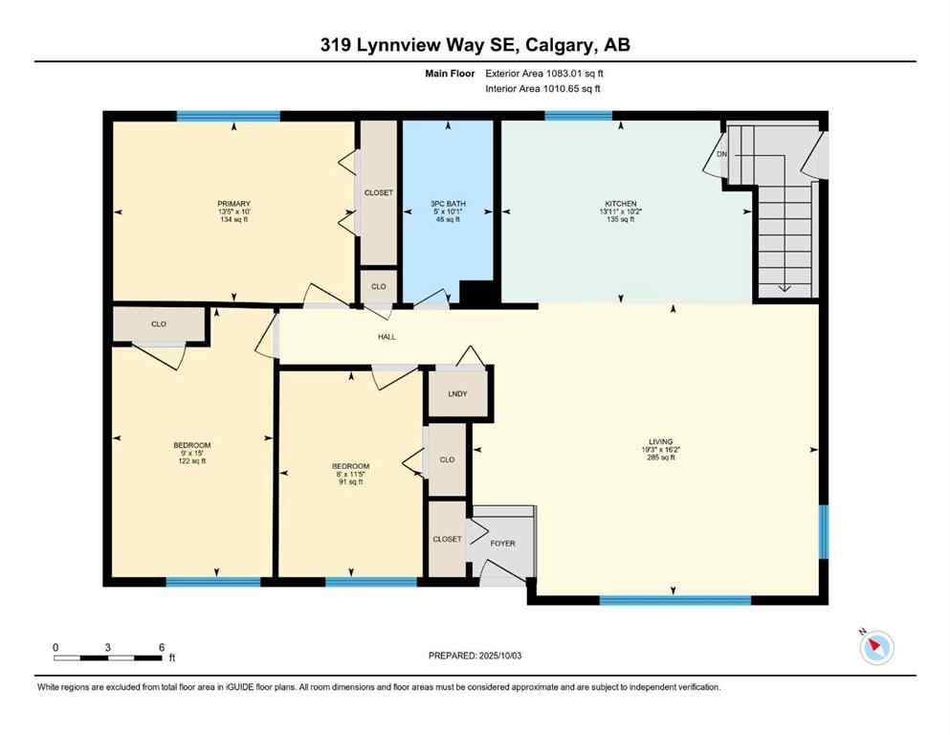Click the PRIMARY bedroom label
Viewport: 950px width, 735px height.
tap(233, 204)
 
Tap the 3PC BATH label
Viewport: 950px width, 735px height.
tap(445, 204)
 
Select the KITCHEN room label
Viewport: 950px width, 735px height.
tap(619, 204)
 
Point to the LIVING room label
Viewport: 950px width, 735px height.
tap(660, 442)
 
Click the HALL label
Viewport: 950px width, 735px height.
tap(386, 337)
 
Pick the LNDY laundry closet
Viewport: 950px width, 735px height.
tap(457, 393)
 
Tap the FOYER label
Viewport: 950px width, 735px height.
tap(502, 544)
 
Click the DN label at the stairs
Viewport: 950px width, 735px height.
tap(722, 153)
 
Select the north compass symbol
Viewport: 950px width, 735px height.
tap(876, 648)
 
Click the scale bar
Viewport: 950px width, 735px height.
tap(107, 657)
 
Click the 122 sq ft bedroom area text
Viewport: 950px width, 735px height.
tap(191, 461)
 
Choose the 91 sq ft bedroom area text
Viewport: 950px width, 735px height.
tap(351, 482)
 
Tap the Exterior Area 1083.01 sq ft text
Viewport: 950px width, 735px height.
tap(544, 73)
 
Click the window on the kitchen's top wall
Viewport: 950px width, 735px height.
tap(578, 116)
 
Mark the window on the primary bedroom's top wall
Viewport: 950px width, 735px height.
tap(228, 116)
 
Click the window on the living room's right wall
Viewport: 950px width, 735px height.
tap(824, 531)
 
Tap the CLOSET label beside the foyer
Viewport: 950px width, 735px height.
tap(447, 539)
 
